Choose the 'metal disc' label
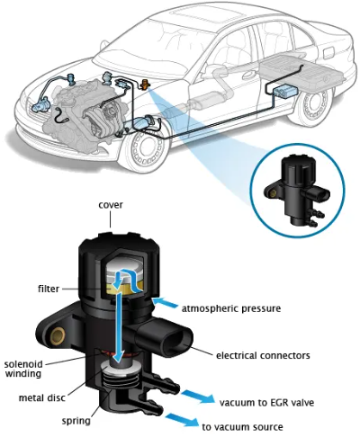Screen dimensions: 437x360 40,397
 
